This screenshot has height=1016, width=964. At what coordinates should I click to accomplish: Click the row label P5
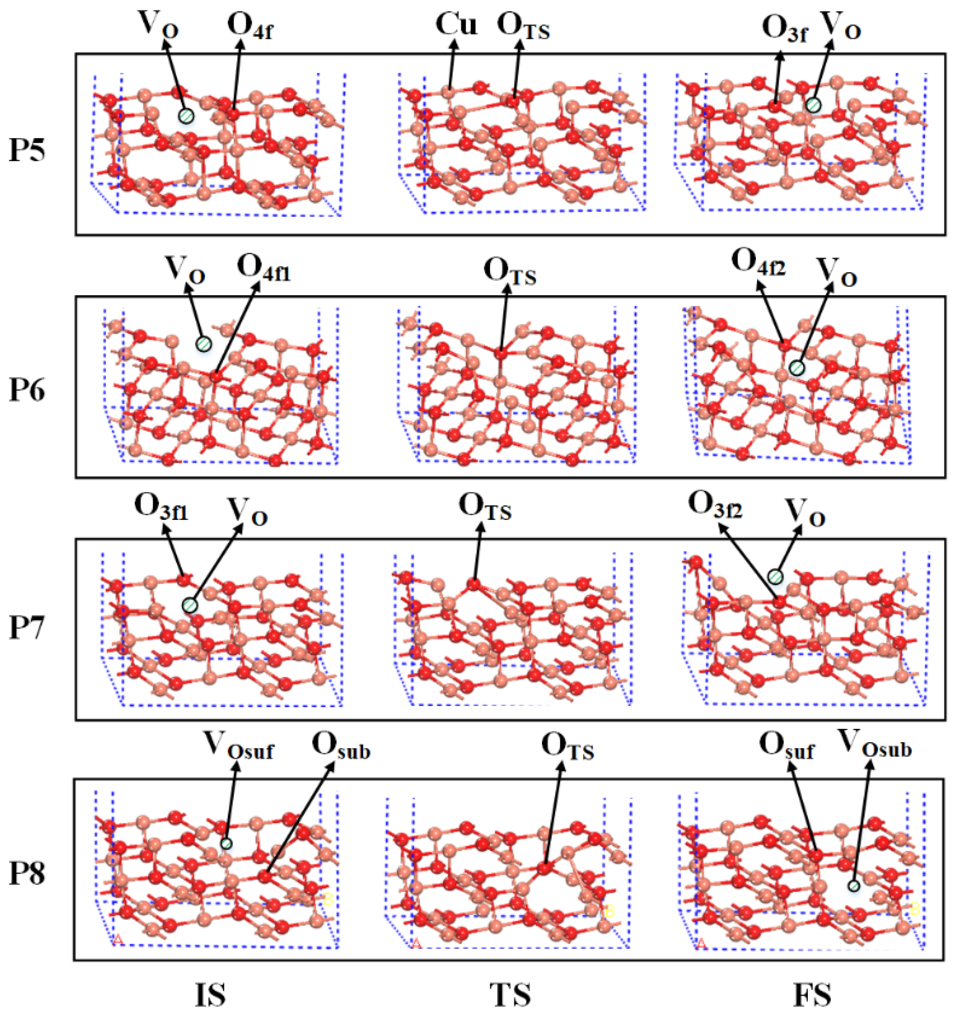click(x=27, y=151)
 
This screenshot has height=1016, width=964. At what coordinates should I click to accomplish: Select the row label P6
click(x=27, y=390)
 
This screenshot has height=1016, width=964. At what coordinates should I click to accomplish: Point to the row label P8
click(x=27, y=873)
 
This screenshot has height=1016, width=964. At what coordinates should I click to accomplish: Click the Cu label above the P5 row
click(x=456, y=25)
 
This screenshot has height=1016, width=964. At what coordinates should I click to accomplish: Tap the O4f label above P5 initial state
click(x=250, y=27)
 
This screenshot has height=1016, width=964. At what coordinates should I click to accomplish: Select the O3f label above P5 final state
click(x=785, y=29)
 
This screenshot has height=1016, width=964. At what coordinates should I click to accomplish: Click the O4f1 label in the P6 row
click(x=264, y=269)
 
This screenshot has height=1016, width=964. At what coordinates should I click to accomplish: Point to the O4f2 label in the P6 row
click(x=758, y=263)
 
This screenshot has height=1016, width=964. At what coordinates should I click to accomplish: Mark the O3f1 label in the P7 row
click(x=161, y=508)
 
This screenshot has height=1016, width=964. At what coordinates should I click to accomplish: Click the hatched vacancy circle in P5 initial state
click(x=186, y=116)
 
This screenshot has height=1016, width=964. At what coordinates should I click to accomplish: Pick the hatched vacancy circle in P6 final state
click(x=796, y=368)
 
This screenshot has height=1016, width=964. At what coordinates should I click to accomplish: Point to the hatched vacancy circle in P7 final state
click(x=775, y=577)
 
